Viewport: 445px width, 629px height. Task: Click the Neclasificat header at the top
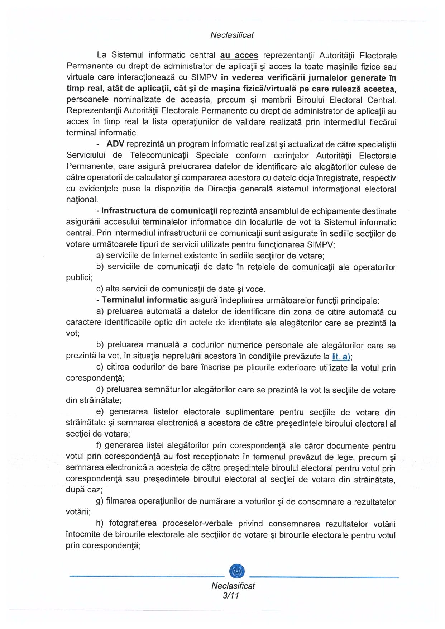(232, 35)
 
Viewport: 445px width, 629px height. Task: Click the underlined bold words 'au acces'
(239, 55)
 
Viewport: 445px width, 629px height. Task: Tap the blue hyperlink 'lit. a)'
(341, 356)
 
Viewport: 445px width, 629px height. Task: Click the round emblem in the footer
(236, 571)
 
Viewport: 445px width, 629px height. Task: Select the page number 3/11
(231, 596)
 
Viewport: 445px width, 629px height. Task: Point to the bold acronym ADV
(115, 144)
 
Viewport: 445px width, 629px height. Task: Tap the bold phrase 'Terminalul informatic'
(144, 300)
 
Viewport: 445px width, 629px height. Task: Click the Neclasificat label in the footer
(233, 586)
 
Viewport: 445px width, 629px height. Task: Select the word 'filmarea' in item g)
(121, 501)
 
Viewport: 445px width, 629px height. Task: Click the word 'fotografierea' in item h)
(133, 524)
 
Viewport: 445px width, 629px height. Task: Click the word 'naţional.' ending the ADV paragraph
(82, 200)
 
